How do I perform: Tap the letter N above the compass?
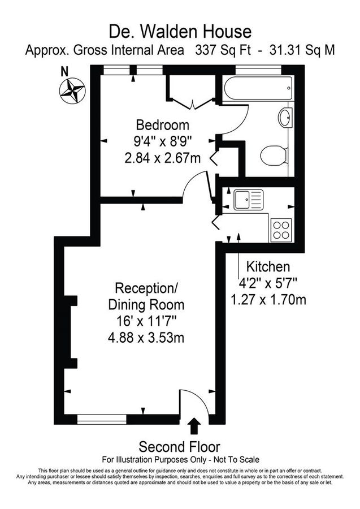coord(64,71)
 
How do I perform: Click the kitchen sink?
coord(248,199)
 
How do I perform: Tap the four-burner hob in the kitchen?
coord(281,230)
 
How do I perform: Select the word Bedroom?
coord(163,125)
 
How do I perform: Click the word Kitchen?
coord(268,266)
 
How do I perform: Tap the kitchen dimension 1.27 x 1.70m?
coord(268,299)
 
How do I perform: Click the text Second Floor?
coord(180,446)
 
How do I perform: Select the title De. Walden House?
coord(180,29)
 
